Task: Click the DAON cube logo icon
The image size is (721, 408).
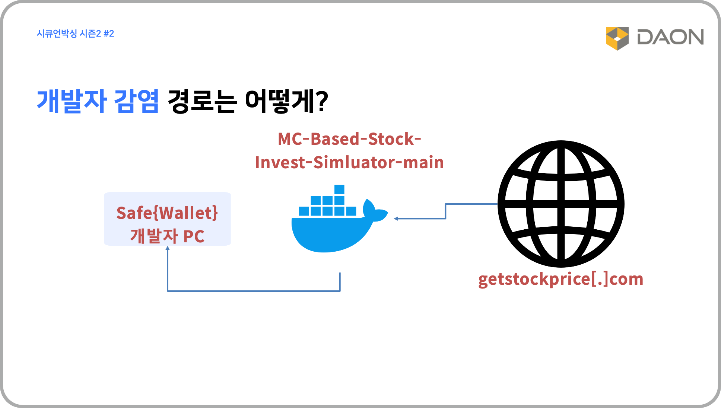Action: click(617, 38)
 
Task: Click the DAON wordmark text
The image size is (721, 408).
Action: click(670, 37)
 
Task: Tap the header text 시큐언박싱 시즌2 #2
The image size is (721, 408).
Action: click(75, 34)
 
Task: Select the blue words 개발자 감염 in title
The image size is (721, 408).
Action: click(98, 101)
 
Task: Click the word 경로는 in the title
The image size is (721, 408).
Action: click(202, 101)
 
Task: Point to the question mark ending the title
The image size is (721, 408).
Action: click(321, 101)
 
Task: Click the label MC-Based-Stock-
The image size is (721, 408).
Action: click(349, 139)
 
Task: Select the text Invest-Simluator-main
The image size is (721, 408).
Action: click(349, 162)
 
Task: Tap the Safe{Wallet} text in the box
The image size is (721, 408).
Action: click(167, 213)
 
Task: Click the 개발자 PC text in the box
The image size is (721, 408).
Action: click(167, 236)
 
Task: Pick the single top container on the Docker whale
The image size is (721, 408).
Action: click(339, 189)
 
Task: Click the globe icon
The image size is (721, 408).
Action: click(561, 204)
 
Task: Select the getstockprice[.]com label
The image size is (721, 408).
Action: click(561, 279)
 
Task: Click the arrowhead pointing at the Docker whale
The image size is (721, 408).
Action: click(396, 219)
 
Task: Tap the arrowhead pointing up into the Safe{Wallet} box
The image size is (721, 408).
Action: click(168, 248)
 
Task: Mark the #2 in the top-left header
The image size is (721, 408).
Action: click(109, 34)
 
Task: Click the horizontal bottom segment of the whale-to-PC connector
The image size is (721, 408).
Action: click(254, 291)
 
